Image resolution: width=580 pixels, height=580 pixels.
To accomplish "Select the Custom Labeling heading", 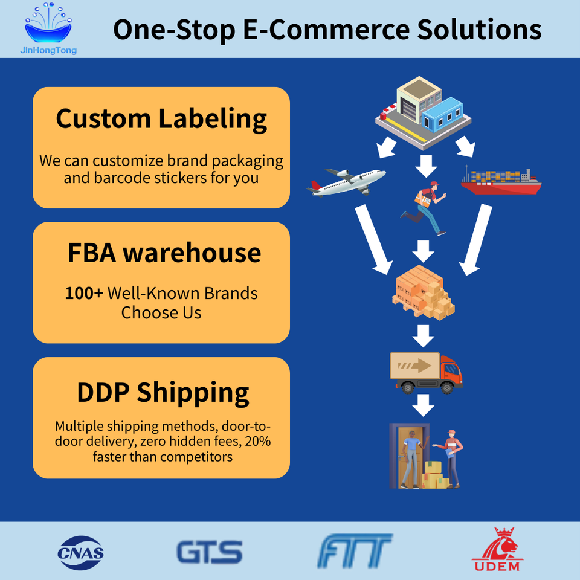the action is [161, 118].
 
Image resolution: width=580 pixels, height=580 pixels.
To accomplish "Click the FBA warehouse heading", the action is [164, 252].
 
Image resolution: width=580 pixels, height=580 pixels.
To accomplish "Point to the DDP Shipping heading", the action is [163, 392].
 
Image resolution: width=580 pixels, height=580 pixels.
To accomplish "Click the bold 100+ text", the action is [84, 294].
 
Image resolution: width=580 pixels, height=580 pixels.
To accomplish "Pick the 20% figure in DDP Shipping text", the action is [257, 441].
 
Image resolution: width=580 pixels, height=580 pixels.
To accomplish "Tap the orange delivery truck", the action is [425, 372].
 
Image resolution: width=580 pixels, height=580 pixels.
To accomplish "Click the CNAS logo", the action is [80, 551].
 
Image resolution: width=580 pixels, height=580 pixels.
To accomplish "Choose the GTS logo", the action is [209, 552].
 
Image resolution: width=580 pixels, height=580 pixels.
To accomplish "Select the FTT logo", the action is [355, 551].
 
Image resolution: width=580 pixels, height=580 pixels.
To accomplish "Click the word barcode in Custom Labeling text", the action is [123, 178].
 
